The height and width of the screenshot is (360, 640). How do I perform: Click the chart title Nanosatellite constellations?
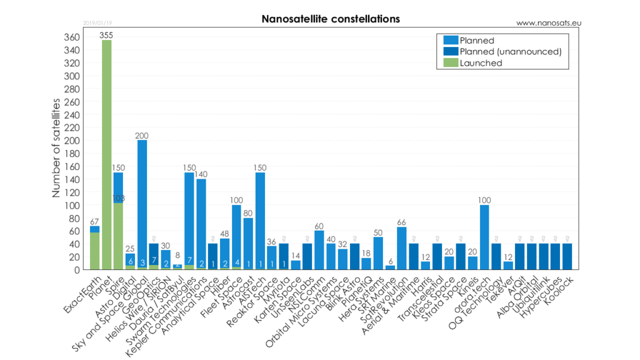click(331, 19)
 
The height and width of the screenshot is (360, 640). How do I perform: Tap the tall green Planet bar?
click(107, 156)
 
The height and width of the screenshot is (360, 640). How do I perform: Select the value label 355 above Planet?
click(107, 35)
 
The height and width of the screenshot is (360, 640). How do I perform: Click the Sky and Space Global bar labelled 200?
click(142, 200)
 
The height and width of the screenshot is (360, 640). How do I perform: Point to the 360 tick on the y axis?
click(72, 37)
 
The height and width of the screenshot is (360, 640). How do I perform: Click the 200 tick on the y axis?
click(72, 141)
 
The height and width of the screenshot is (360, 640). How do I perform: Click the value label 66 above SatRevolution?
click(401, 222)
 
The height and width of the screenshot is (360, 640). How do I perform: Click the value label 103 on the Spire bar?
click(118, 199)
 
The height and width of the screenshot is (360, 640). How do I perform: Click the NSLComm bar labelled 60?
click(319, 250)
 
